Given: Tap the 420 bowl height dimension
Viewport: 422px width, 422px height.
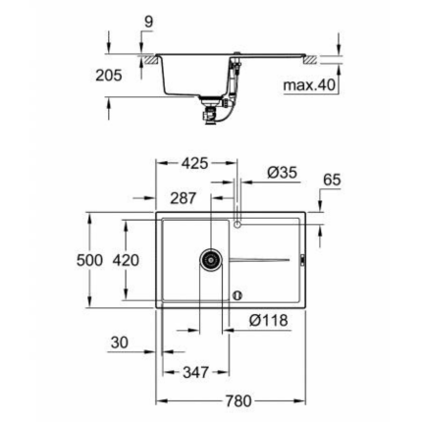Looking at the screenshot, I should point(127,260).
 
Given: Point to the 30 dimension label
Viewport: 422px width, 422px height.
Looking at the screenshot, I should point(120,343).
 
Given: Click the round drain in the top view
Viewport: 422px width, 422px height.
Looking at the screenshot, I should point(210,259).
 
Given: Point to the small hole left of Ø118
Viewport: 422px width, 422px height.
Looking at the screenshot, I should point(236,293).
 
